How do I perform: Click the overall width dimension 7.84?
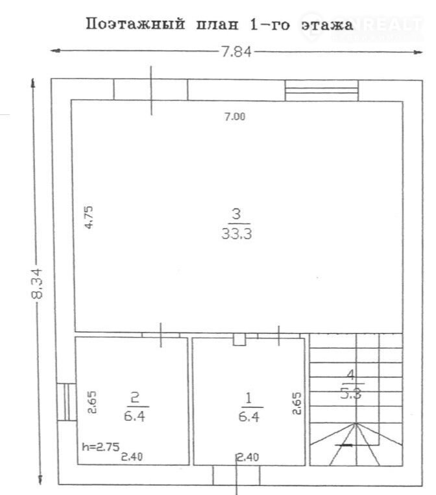tap(236, 52)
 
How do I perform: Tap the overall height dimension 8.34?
tap(36, 283)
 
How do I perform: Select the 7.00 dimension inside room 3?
tap(235, 117)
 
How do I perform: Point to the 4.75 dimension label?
tap(89, 217)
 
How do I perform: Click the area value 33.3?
tap(236, 234)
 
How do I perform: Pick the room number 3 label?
tap(236, 214)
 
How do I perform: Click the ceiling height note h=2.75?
tap(101, 447)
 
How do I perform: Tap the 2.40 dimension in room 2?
tap(132, 457)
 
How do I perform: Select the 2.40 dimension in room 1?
tap(248, 457)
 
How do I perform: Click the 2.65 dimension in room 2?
tap(92, 402)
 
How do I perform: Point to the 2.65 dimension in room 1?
tap(297, 403)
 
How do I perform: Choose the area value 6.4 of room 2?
tap(134, 416)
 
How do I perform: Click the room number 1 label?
tap(248, 398)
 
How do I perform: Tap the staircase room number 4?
tap(350, 375)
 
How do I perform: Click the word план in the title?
tap(217, 25)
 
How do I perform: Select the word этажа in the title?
tap(327, 25)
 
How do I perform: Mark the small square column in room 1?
tap(239, 339)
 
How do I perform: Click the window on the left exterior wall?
tap(67, 402)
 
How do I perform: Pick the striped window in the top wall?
tap(322, 90)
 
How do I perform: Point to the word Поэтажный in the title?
tap(136, 24)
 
